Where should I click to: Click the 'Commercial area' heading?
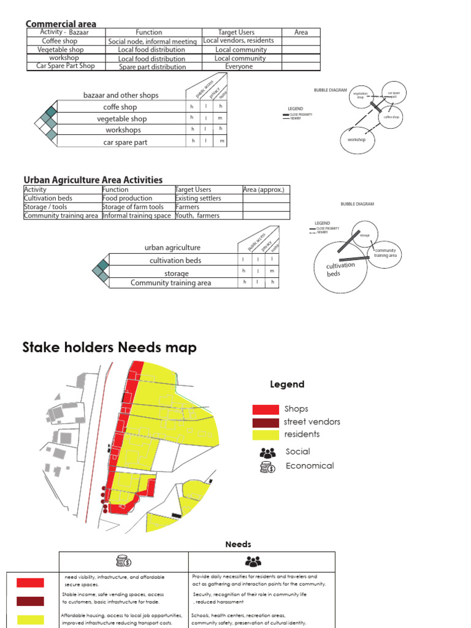click(61, 23)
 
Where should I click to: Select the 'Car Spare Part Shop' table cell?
click(66, 66)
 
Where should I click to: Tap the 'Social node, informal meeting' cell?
click(153, 41)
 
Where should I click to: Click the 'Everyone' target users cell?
click(239, 66)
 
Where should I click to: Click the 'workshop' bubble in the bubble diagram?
click(356, 140)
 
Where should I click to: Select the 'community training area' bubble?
click(385, 253)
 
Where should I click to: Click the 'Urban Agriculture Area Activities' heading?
click(93, 180)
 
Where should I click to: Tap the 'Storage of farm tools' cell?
click(133, 207)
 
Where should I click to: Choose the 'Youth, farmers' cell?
click(197, 215)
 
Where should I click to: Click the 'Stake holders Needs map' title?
click(110, 348)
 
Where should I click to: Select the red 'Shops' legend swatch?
click(266, 409)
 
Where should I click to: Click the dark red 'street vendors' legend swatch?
click(266, 423)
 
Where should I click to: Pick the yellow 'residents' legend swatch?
click(266, 435)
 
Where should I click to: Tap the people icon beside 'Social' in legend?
click(268, 453)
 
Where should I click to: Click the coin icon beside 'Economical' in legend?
click(268, 467)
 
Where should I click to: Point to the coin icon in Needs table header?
click(123, 561)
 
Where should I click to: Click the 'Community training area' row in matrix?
click(170, 283)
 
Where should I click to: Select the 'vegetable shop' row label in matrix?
click(121, 118)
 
